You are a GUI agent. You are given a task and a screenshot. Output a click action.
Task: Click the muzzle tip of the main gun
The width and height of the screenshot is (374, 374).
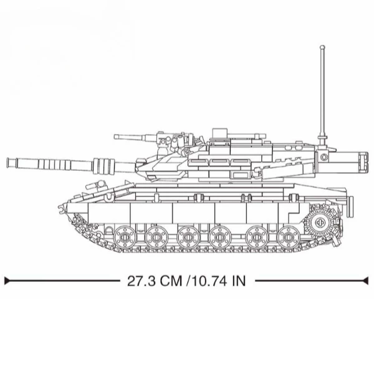[8, 163]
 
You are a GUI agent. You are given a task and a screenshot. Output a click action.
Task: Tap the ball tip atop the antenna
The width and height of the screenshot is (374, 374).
[322, 47]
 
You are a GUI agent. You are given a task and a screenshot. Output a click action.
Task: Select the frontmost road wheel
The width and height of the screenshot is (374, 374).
[125, 237]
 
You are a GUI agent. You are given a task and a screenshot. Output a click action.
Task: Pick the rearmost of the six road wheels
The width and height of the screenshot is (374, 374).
[288, 237]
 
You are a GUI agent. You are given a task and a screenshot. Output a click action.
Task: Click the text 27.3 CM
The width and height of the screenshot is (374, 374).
[155, 281]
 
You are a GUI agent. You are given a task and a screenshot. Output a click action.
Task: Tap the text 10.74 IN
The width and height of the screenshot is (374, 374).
[218, 281]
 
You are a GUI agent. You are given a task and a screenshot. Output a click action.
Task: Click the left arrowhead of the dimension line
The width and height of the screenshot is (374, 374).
[7, 280]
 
